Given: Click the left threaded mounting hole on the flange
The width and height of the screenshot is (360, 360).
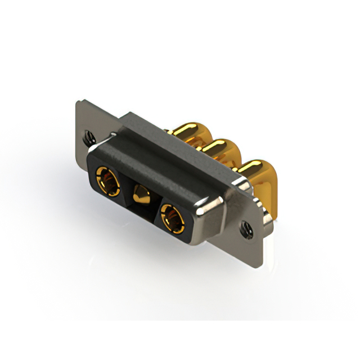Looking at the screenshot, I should (x=87, y=135).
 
